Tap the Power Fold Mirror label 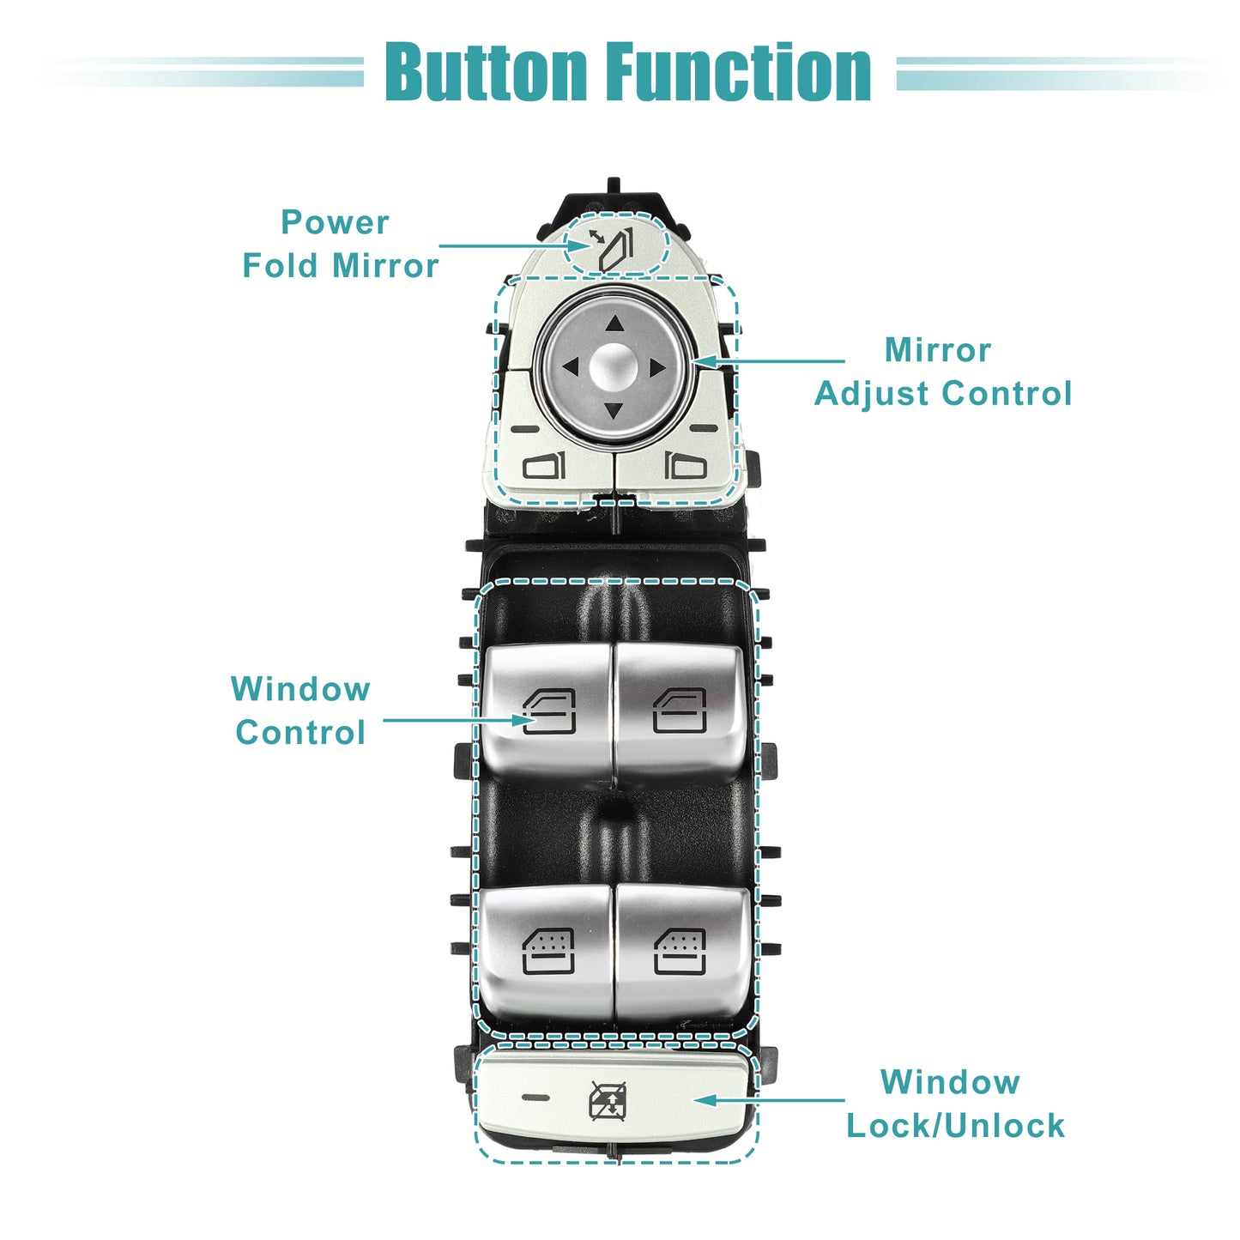[341, 244]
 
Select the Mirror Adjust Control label [943, 372]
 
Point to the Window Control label [300, 711]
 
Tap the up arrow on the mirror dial [615, 323]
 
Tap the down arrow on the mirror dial [614, 410]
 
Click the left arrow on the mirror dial [571, 367]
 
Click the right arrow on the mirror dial [657, 368]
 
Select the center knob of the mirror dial [614, 366]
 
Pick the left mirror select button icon [544, 465]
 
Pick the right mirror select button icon [686, 465]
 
